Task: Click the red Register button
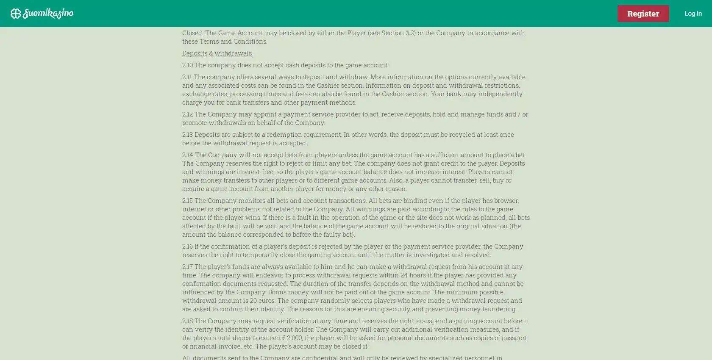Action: pyautogui.click(x=643, y=14)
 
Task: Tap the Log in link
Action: pyautogui.click(x=693, y=14)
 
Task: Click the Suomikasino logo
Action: pyautogui.click(x=42, y=14)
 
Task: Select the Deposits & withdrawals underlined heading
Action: pyautogui.click(x=217, y=53)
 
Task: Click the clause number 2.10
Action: pyautogui.click(x=187, y=65)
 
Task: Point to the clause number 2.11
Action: pyautogui.click(x=187, y=77)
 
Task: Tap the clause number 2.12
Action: pyautogui.click(x=187, y=114)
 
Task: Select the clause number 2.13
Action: pyautogui.click(x=187, y=134)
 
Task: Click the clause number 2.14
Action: pyautogui.click(x=187, y=155)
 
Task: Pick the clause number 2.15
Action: pyautogui.click(x=187, y=200)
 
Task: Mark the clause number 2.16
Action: pyautogui.click(x=187, y=246)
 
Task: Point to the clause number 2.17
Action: pyautogui.click(x=187, y=266)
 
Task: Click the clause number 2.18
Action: pyautogui.click(x=187, y=321)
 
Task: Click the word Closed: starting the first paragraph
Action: pyautogui.click(x=193, y=33)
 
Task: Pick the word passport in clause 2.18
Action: pyautogui.click(x=514, y=338)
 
